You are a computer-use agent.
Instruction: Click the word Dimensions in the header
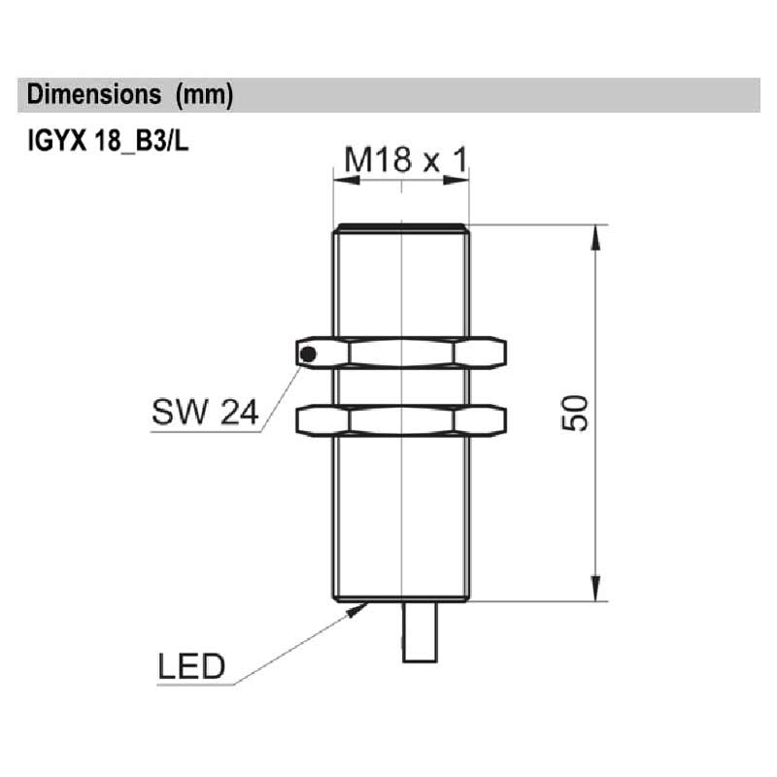[93, 95]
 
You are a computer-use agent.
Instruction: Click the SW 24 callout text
[204, 414]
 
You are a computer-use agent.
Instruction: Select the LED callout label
[190, 666]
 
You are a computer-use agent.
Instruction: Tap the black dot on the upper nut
[308, 353]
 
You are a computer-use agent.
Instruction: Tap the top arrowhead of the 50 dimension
[593, 233]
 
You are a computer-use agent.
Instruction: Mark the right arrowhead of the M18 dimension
[462, 180]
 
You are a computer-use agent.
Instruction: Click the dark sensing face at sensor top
[401, 228]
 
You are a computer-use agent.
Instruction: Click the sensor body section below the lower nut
[401, 515]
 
